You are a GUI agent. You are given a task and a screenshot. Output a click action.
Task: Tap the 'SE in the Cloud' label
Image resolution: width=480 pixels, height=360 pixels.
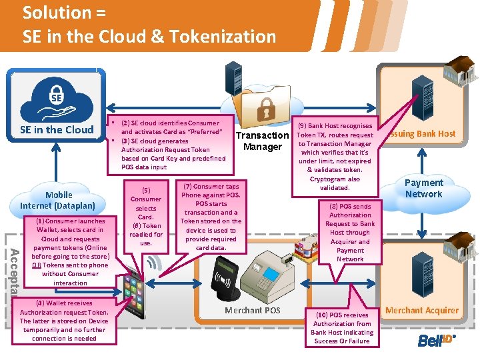tap(57, 129)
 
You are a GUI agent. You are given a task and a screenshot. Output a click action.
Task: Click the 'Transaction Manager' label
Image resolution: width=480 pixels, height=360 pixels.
tap(263, 141)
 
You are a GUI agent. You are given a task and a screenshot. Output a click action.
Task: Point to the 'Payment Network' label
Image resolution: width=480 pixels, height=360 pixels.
tap(424, 188)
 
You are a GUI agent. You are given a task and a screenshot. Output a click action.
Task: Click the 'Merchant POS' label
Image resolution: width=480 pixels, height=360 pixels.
tap(253, 310)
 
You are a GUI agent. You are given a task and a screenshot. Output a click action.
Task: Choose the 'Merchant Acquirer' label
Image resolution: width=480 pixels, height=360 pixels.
tap(422, 310)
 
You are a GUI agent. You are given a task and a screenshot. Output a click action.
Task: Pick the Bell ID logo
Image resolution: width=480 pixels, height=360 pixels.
tap(435, 341)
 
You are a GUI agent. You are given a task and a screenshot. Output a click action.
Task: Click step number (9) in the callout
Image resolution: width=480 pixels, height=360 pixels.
tap(302, 126)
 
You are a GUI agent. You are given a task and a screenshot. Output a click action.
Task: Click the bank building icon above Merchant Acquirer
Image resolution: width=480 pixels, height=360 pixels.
tap(444, 273)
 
